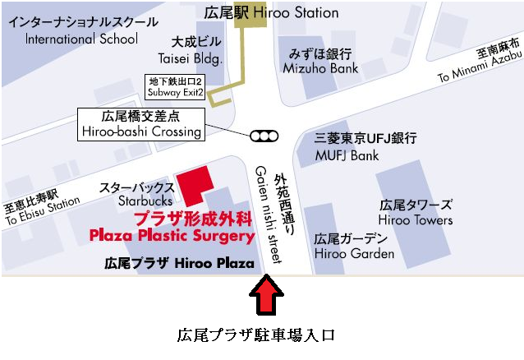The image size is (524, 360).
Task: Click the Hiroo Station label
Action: click(x=270, y=12)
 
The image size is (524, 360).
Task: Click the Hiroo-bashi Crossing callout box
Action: click(x=141, y=123)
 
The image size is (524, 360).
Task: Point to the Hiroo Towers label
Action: click(x=416, y=212)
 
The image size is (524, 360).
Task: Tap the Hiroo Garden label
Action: click(x=354, y=246)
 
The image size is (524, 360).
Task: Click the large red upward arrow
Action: click(x=267, y=297)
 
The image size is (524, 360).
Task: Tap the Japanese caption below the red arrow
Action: click(x=257, y=336)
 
